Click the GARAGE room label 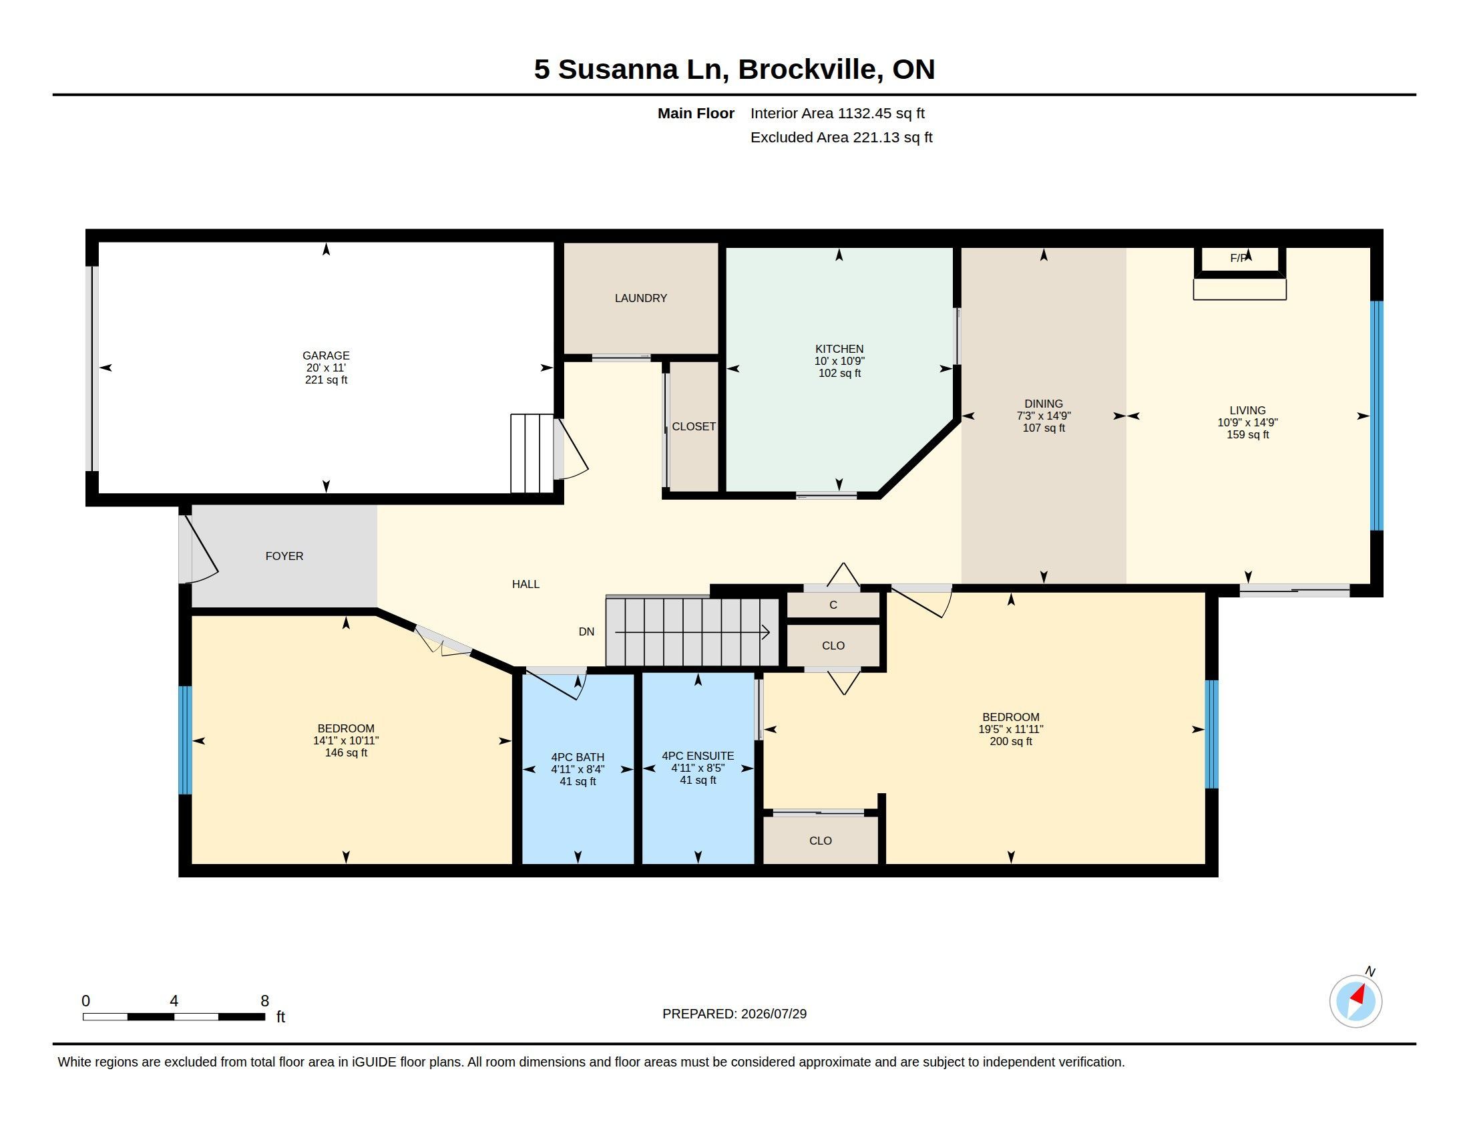tap(326, 356)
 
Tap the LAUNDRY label tap(640, 298)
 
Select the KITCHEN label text tap(839, 349)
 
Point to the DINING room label tap(1043, 404)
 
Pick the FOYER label tap(284, 556)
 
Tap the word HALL tap(526, 584)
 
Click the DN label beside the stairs tap(586, 631)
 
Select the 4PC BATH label tap(577, 757)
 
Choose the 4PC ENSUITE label tap(698, 756)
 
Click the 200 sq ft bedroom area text tap(1010, 741)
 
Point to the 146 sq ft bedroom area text tap(346, 752)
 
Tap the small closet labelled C tap(833, 605)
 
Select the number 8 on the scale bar tap(265, 1001)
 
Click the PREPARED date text tap(734, 1014)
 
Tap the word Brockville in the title tap(810, 69)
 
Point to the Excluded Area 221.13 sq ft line tap(841, 137)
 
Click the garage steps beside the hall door tap(532, 454)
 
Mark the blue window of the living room tap(1377, 415)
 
